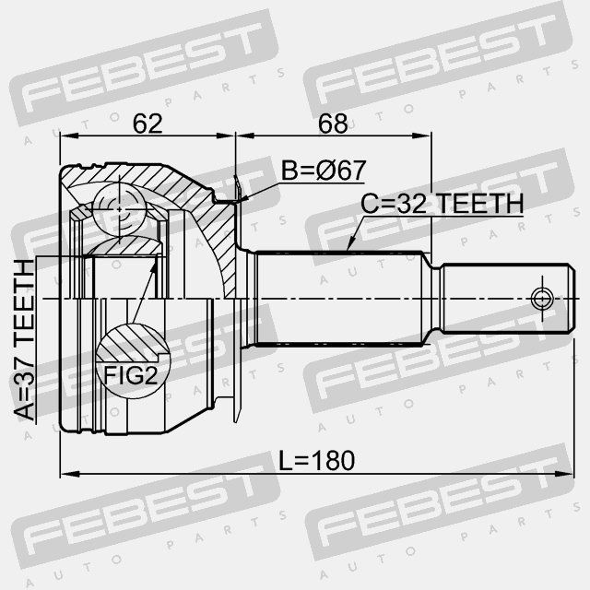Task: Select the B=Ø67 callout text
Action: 323,171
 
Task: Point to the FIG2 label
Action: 129,374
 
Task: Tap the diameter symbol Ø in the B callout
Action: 333,171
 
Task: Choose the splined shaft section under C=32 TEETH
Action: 341,298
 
